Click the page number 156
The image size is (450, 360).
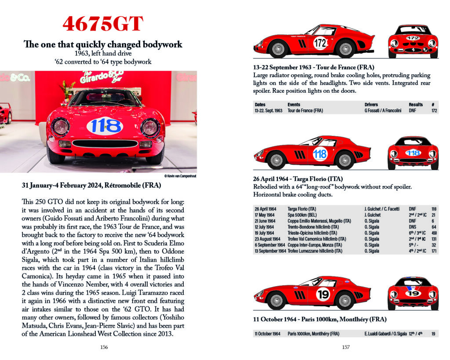click(104, 347)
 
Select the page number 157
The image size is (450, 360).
click(345, 347)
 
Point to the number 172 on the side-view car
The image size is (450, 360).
click(320, 43)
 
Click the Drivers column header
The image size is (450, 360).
click(371, 105)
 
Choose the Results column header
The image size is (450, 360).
click(415, 105)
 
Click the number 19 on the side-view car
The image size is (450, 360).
click(323, 295)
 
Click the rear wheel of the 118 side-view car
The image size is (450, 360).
click(345, 160)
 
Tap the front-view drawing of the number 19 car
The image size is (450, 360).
click(413, 294)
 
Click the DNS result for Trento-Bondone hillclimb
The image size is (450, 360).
click(413, 227)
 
